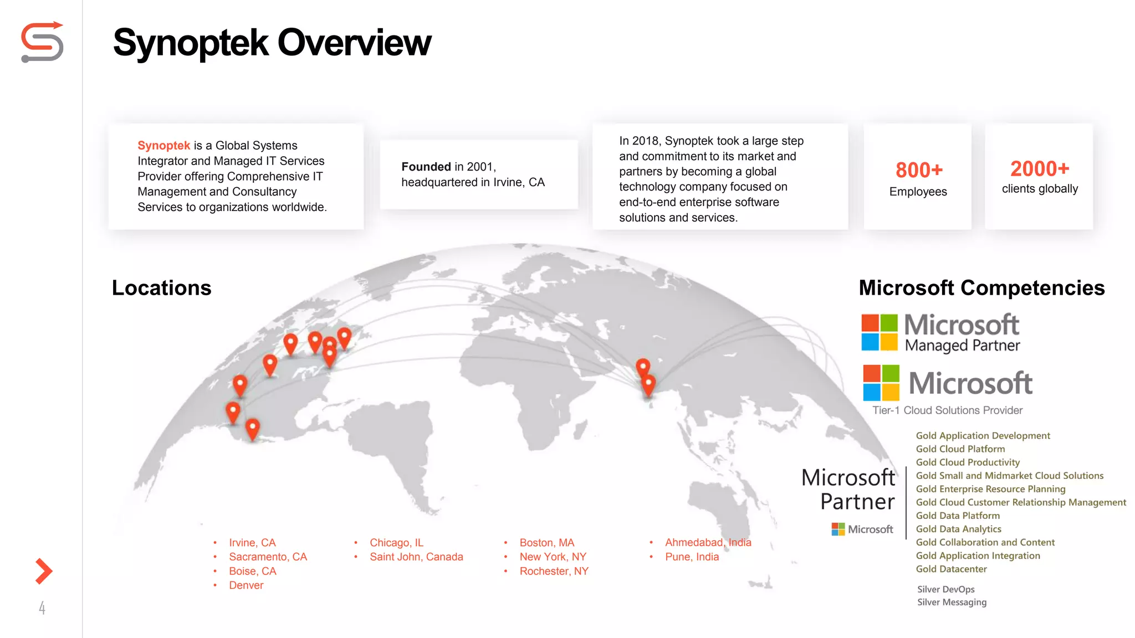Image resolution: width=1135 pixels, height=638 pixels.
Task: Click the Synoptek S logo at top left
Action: click(42, 42)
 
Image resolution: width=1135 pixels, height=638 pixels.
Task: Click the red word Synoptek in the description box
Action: click(163, 146)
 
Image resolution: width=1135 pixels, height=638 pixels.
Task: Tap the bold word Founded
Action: click(426, 167)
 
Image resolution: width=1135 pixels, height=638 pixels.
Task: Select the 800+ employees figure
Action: click(919, 170)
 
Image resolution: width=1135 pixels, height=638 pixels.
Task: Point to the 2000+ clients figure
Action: click(1039, 168)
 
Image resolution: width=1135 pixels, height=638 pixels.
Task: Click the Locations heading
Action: click(161, 288)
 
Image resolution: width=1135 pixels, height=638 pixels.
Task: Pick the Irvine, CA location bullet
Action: click(252, 543)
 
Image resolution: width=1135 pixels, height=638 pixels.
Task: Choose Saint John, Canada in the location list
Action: click(416, 557)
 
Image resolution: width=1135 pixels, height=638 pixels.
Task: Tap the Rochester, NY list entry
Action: click(554, 571)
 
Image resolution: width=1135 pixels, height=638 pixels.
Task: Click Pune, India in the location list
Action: click(692, 557)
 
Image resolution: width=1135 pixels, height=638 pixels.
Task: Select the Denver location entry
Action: click(246, 585)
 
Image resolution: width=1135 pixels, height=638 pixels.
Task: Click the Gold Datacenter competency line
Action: click(951, 569)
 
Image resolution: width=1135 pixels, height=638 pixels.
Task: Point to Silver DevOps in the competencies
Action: click(945, 589)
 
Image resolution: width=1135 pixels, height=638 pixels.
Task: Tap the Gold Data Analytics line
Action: click(958, 529)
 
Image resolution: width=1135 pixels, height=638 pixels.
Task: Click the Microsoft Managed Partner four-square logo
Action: click(879, 332)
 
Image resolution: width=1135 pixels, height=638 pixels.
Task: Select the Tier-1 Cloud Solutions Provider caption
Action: click(947, 410)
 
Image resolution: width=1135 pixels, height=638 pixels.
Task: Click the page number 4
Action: click(42, 608)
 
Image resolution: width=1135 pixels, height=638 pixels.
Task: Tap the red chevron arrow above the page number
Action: click(43, 571)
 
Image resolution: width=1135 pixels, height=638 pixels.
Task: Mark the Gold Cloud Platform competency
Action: click(960, 449)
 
